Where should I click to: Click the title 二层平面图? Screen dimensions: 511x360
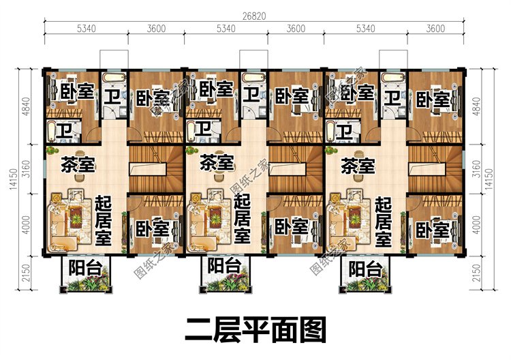point(255,330)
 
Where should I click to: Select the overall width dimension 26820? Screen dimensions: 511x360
point(254,16)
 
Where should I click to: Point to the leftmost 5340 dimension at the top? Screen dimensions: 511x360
point(87,29)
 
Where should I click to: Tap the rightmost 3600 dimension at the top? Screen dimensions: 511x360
point(435,29)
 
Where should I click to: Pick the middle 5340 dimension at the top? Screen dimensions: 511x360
point(226,29)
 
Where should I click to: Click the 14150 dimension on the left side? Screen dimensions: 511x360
point(14,179)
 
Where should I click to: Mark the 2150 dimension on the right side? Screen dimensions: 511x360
point(476,273)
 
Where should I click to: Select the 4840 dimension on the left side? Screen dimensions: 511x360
point(27,106)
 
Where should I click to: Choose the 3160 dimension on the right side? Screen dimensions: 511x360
point(476,169)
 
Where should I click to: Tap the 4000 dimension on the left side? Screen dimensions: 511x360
point(27,225)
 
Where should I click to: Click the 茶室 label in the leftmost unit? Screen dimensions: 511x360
point(78,165)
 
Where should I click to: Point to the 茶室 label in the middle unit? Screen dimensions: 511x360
point(217,162)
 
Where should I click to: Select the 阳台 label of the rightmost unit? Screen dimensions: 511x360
point(365,270)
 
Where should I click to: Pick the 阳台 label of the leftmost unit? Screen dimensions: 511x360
point(85,268)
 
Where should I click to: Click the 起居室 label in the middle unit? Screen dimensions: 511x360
point(242,218)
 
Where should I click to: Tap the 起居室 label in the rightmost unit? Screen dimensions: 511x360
point(383,222)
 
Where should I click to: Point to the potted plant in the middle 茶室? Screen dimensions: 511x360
point(191,151)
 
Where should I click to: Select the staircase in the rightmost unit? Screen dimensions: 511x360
point(435,170)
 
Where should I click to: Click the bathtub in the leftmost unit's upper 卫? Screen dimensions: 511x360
point(114,78)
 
